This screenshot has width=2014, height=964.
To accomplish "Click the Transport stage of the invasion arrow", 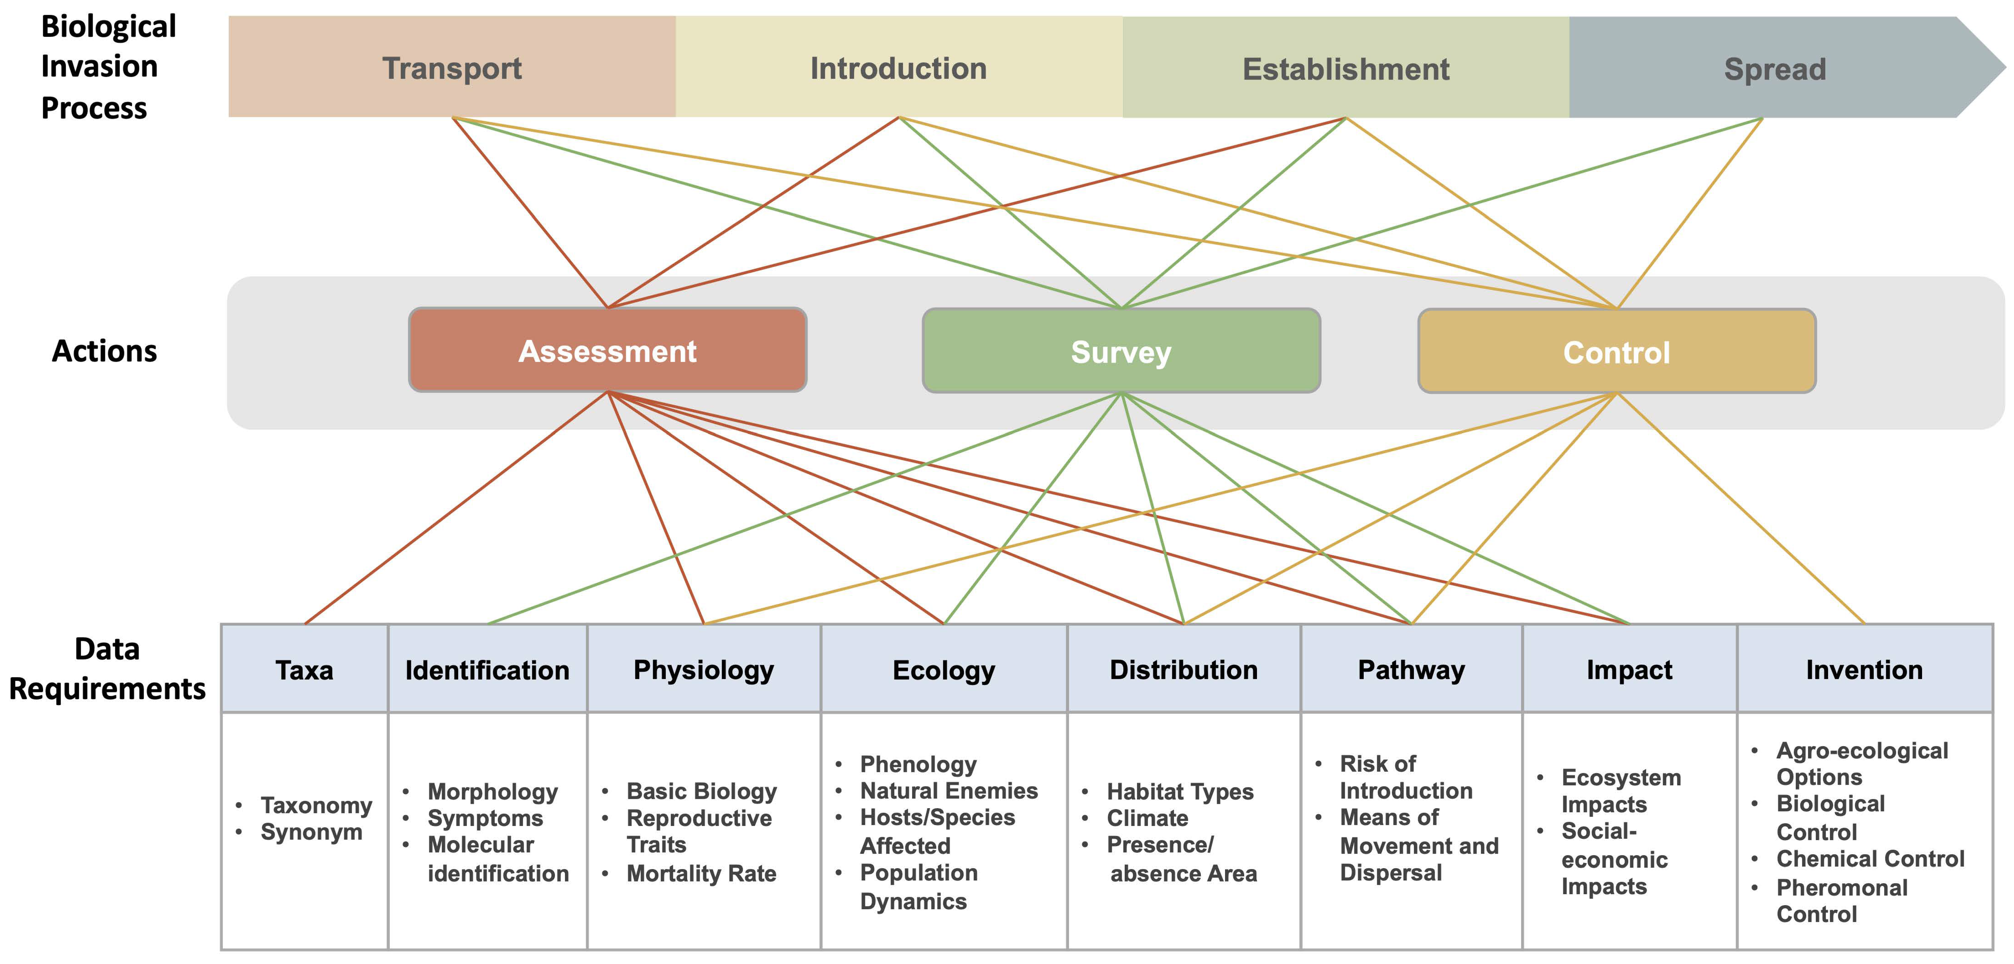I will coord(452,68).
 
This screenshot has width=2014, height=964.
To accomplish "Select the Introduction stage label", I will coord(898,68).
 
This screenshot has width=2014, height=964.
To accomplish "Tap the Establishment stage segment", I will coord(1345,69).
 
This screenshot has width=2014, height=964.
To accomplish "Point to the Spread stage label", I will coord(1775,69).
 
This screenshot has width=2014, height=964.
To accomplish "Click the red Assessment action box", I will coord(607,351).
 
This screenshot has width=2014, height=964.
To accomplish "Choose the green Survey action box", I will coord(1121,352).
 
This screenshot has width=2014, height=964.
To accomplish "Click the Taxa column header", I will coord(304,670).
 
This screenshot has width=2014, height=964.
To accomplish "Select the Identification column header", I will coord(487,670).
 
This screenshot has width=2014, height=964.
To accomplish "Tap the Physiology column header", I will coord(704,670).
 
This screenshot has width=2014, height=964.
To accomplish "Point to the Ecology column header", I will coord(944,670).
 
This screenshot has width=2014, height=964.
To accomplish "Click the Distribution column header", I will coord(1184,670).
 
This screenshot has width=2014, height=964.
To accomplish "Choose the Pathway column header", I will coord(1411,670).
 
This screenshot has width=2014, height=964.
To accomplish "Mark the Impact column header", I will coord(1629,670).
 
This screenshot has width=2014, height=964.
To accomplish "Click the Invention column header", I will coord(1864,670).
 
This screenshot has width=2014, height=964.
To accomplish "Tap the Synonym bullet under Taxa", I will coord(311,832).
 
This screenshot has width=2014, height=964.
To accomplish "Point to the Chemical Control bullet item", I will coord(1870,858).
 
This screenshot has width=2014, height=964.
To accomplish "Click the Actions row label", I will coord(104,351).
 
